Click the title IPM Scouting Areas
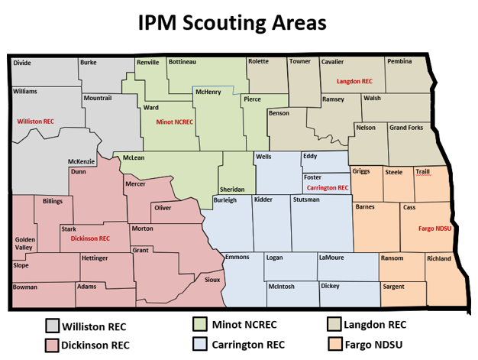(x=232, y=23)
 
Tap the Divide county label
(x=22, y=63)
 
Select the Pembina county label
(x=399, y=61)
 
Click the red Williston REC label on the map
(x=36, y=122)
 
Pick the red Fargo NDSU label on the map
(x=435, y=229)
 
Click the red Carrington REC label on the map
(x=328, y=187)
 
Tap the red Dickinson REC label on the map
(x=90, y=238)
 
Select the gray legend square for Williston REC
(x=52, y=326)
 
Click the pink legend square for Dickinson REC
(x=52, y=345)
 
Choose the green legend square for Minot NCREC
(x=200, y=324)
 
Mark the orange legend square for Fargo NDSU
(x=333, y=345)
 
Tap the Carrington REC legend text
(x=248, y=345)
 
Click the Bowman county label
(x=25, y=287)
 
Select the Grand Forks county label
(x=406, y=128)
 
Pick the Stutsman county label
(x=307, y=199)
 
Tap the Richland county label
(x=439, y=258)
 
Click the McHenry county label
(x=208, y=92)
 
